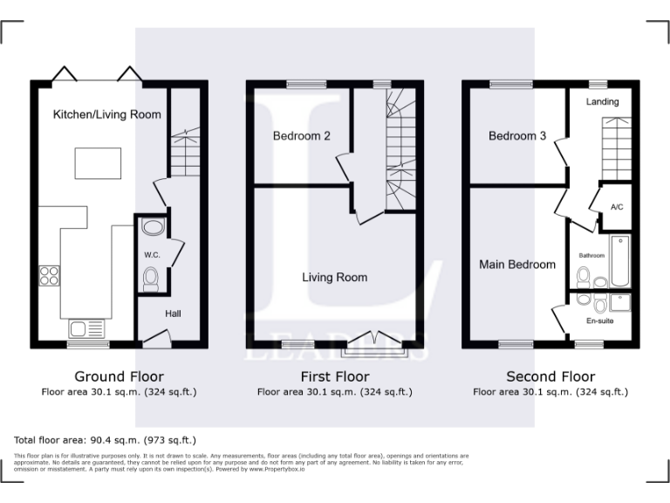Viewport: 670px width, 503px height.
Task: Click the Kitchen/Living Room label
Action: pyautogui.click(x=106, y=114)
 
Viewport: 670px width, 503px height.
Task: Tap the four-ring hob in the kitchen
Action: pyautogui.click(x=49, y=276)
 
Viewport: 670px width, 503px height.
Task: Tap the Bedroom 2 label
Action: pyautogui.click(x=301, y=136)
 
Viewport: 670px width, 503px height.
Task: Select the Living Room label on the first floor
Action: pyautogui.click(x=334, y=278)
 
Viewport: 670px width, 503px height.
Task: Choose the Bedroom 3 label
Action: pyautogui.click(x=517, y=136)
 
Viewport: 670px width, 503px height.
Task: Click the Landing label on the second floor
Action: pyautogui.click(x=602, y=102)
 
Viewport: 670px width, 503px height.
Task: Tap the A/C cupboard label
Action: pyautogui.click(x=617, y=207)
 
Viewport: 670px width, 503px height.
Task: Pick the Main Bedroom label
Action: pyautogui.click(x=517, y=265)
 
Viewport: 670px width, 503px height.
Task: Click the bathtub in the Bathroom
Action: pyautogui.click(x=620, y=260)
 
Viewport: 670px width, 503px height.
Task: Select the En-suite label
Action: pyautogui.click(x=599, y=322)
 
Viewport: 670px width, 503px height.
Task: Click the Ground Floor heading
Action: pyautogui.click(x=119, y=377)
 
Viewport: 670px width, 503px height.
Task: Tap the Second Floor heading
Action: pyautogui.click(x=550, y=377)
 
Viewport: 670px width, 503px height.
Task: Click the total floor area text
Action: pyautogui.click(x=106, y=440)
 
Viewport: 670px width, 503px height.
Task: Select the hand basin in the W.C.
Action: pyautogui.click(x=152, y=229)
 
